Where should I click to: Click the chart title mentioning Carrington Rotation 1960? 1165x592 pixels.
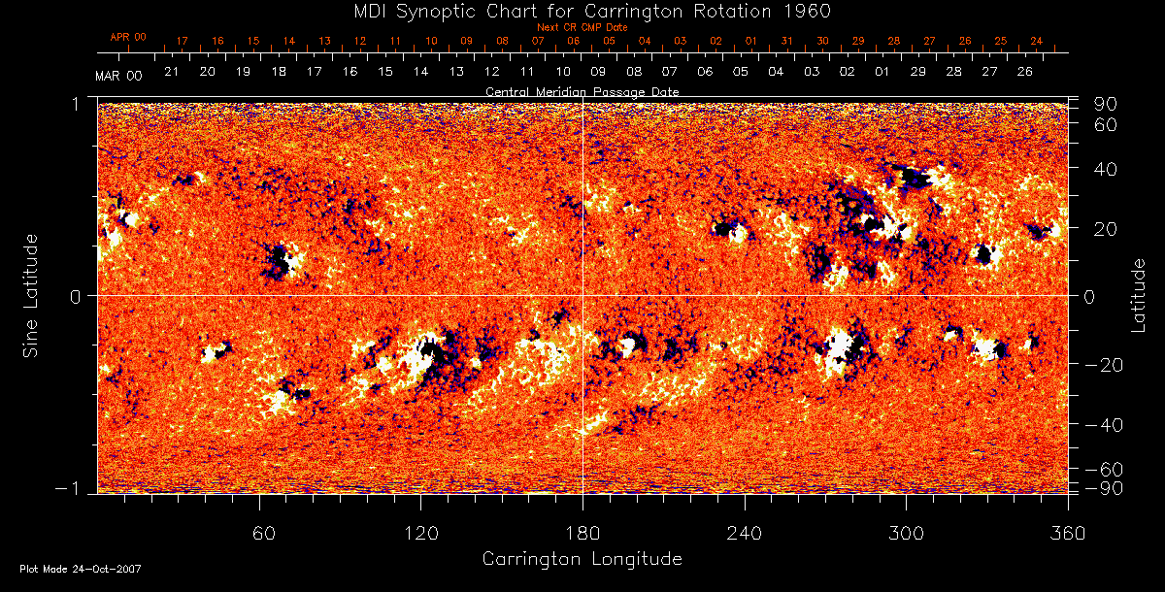pos(582,11)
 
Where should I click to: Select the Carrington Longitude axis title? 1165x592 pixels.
pos(582,559)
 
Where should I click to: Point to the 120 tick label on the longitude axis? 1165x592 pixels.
pos(420,534)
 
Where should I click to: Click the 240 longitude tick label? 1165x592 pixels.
pos(745,534)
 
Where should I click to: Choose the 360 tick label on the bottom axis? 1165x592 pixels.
pos(1067,534)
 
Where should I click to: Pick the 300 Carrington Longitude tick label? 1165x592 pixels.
pos(906,534)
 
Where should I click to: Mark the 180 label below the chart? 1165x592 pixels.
pos(582,534)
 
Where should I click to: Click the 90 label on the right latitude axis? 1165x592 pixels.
pos(1108,104)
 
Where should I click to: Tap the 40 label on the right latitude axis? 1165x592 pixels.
pos(1108,169)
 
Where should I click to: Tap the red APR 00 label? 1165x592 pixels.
pos(127,37)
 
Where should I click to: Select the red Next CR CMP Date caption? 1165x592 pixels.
pos(582,27)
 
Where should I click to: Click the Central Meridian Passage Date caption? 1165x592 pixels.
pos(582,91)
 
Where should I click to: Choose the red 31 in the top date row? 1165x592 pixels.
pos(786,42)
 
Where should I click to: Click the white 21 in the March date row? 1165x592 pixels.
pos(171,72)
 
